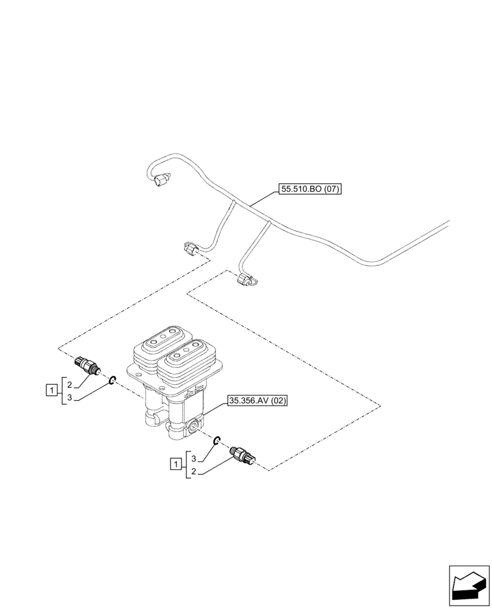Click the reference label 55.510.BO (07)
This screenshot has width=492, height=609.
click(311, 189)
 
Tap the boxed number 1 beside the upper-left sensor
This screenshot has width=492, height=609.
click(53, 389)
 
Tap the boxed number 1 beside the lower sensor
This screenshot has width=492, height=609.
click(175, 465)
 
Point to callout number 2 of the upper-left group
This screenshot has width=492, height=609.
click(70, 385)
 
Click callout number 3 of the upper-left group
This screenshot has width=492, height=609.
click(70, 398)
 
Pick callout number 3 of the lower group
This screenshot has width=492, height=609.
click(194, 458)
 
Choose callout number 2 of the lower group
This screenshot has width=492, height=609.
click(194, 472)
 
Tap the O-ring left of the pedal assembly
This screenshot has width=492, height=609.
click(113, 381)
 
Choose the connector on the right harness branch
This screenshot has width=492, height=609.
click(246, 280)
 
